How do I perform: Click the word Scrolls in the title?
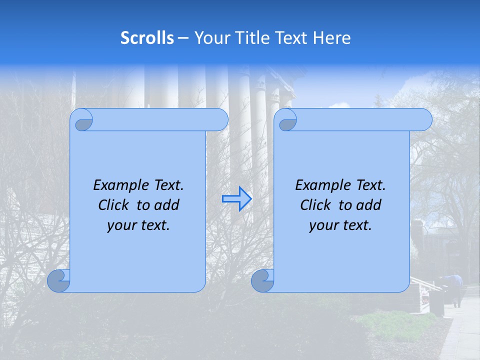(147, 38)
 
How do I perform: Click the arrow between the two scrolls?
(236, 198)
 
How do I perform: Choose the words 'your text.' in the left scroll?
(138, 225)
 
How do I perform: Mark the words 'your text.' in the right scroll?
(340, 225)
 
